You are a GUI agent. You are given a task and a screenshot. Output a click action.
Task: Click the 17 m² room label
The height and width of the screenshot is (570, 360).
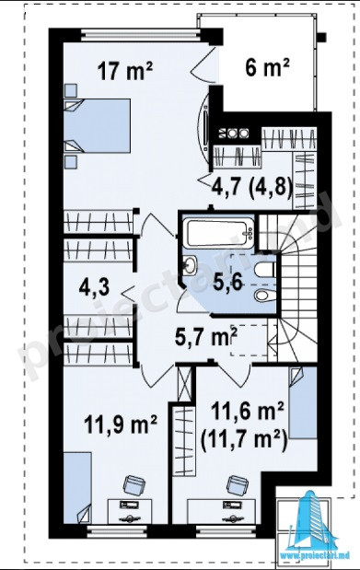[125, 71]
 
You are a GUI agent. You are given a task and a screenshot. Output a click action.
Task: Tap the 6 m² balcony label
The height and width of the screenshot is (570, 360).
[267, 67]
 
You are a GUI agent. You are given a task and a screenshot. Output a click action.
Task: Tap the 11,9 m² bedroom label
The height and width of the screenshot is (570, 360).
[121, 424]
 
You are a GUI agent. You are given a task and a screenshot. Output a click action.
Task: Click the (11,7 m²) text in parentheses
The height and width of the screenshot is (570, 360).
[244, 439]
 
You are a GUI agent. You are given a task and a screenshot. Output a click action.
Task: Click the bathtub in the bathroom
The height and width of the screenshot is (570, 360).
[219, 233]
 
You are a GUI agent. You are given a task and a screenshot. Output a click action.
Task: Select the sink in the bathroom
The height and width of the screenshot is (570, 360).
[190, 264]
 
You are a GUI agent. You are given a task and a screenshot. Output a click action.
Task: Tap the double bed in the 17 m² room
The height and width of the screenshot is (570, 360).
[97, 125]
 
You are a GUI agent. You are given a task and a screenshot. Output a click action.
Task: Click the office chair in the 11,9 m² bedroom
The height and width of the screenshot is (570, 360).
[134, 485]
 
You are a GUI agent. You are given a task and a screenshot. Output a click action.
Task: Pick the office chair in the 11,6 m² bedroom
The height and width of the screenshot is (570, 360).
[238, 485]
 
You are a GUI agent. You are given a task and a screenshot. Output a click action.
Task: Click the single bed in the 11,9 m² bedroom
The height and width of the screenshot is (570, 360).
[77, 488]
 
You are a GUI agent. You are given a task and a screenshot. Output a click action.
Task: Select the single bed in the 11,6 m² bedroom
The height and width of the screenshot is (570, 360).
[303, 402]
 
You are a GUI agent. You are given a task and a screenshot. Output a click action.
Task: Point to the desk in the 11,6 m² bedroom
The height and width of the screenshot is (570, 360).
[224, 511]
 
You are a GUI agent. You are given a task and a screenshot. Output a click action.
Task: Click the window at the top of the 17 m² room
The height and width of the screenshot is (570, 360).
[141, 35]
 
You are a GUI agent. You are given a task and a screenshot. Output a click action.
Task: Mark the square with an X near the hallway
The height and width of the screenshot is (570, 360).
[185, 383]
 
